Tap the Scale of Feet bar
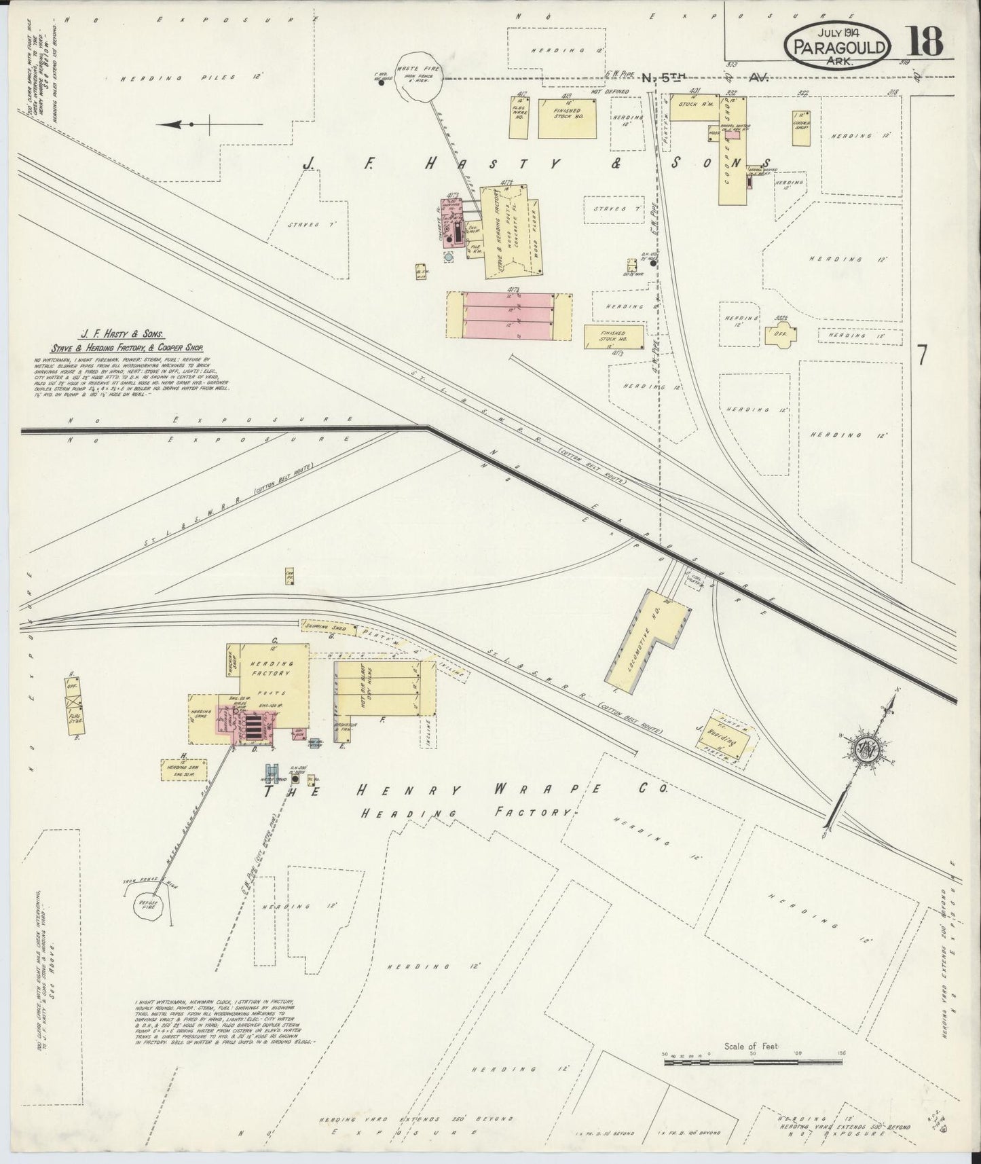point(751,1061)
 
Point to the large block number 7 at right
point(921,354)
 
